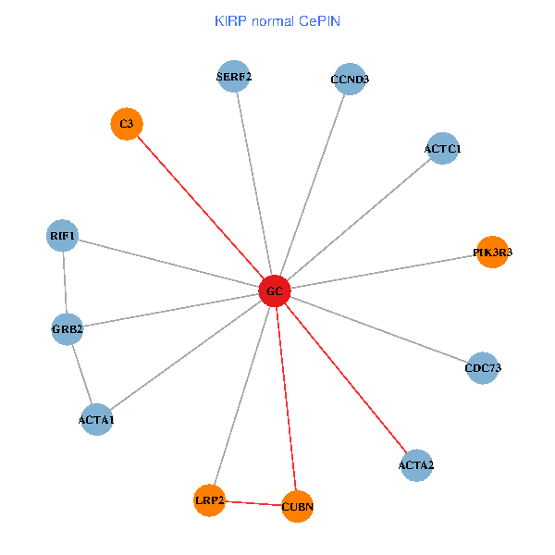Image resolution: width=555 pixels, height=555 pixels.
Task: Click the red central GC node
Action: [275, 291]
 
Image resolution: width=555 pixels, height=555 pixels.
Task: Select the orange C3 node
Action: [127, 124]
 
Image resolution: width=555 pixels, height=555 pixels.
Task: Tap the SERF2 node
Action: [235, 77]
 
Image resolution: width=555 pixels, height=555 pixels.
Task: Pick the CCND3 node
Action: [349, 80]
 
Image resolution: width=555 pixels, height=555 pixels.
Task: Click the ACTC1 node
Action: [443, 148]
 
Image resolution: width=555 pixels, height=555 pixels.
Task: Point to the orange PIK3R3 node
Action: [492, 252]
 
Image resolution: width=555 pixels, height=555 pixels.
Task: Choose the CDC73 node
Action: [483, 367]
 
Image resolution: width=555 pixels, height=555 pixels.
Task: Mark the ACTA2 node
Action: [415, 464]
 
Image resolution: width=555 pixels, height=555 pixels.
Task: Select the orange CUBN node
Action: [297, 506]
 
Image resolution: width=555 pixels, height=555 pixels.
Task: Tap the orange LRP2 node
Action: [210, 500]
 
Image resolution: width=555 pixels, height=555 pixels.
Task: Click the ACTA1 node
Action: [96, 420]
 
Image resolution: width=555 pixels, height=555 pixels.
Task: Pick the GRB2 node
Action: [68, 328]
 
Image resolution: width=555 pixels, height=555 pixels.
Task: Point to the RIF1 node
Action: [63, 237]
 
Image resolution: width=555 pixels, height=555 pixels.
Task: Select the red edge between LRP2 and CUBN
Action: [253, 503]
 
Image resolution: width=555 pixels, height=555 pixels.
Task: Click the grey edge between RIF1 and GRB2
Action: [65, 283]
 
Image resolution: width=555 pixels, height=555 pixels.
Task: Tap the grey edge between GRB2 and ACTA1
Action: [81, 374]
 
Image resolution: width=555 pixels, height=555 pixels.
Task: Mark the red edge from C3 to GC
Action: [201, 207]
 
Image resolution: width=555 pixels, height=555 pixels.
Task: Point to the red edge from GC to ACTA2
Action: [345, 377]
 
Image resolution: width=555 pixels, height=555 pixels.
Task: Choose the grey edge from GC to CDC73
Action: [379, 329]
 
